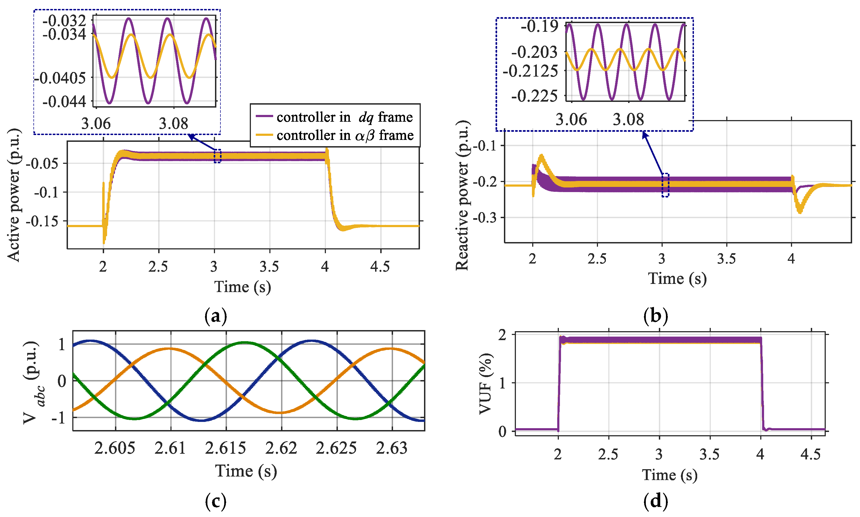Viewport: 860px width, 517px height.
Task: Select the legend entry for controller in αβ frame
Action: [x=335, y=135]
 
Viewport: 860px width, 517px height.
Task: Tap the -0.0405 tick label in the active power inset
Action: [x=60, y=78]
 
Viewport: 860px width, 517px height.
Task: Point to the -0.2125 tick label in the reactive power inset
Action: [x=530, y=71]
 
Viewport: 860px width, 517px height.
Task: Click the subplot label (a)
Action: [x=216, y=316]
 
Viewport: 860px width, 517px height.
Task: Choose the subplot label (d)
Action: [x=655, y=501]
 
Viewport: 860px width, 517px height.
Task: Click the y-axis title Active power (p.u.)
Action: [x=14, y=195]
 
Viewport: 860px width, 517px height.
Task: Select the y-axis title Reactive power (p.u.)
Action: [x=462, y=195]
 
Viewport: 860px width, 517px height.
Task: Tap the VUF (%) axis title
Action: [x=485, y=384]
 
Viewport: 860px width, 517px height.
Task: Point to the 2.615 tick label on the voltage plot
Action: [x=225, y=448]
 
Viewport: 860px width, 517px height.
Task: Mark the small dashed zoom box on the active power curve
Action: [x=217, y=156]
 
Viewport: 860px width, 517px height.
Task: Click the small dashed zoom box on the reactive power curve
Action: [x=665, y=185]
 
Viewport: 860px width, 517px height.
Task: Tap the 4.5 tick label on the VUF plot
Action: [x=811, y=454]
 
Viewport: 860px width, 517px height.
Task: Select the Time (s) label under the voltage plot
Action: [x=246, y=471]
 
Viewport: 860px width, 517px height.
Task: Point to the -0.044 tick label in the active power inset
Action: [x=64, y=102]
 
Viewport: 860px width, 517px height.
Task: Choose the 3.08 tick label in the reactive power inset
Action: [x=628, y=120]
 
